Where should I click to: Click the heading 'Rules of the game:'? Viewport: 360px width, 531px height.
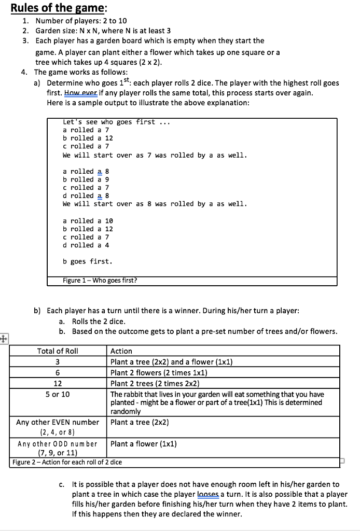tap(52, 8)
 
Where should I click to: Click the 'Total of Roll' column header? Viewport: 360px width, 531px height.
tap(58, 351)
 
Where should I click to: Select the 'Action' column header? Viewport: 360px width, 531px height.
tap(121, 351)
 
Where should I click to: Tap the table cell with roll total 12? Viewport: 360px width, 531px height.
tap(58, 384)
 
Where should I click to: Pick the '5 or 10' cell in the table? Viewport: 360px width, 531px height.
tap(58, 395)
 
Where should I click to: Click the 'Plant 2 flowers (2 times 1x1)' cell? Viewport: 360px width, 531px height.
tap(159, 373)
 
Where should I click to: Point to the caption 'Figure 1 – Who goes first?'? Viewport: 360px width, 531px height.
tap(100, 281)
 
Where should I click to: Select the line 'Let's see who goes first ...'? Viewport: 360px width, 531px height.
tap(116, 122)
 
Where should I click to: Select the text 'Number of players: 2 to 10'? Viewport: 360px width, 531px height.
tap(81, 21)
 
